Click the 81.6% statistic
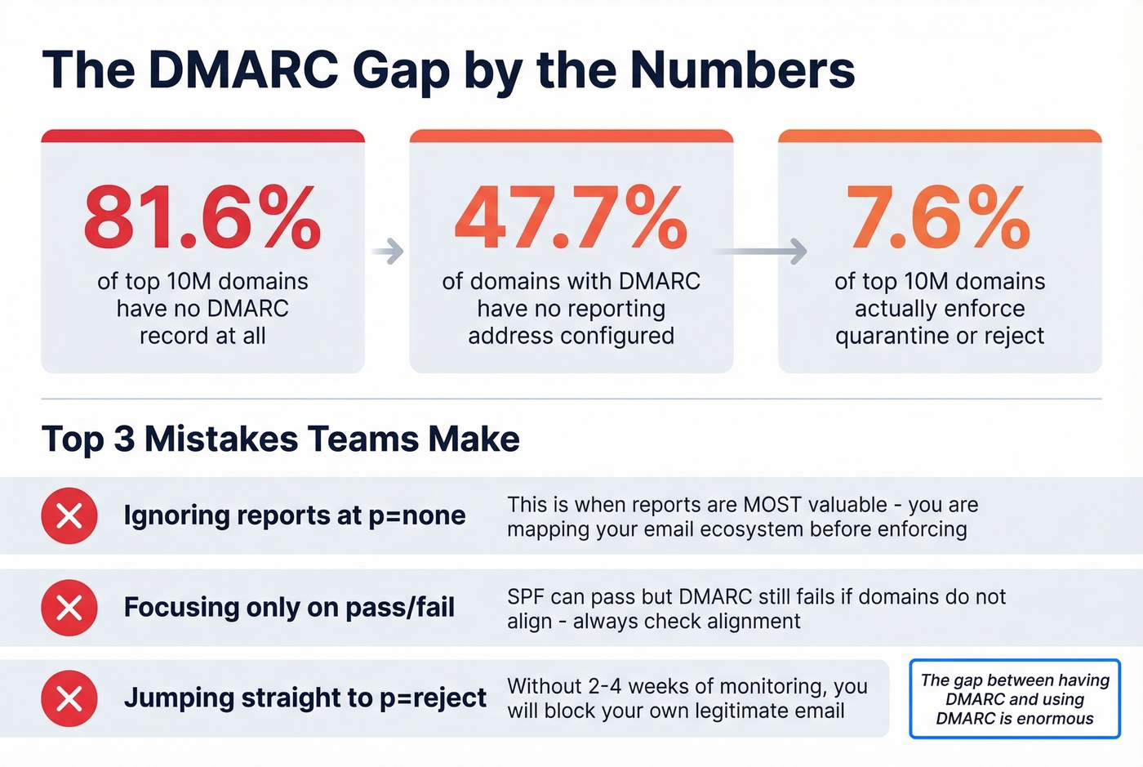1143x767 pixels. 202,217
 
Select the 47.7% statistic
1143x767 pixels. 571,217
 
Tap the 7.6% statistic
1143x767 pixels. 939,217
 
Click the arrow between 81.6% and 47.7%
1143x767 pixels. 388,252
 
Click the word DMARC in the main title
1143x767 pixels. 243,70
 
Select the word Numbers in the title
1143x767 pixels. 742,70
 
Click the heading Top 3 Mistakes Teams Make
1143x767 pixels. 280,439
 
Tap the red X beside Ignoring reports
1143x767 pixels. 69,516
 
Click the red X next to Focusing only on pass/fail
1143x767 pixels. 69,608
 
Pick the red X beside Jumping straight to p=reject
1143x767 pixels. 69,698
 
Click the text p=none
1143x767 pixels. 416,516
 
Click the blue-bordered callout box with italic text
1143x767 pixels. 1014,699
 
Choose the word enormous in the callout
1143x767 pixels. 1054,719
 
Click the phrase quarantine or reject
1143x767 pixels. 939,336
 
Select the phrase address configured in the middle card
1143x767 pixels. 571,336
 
